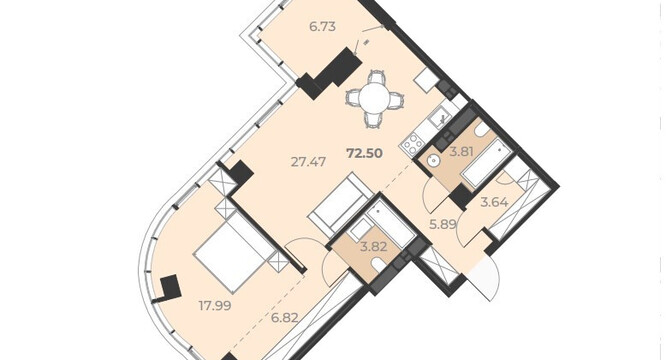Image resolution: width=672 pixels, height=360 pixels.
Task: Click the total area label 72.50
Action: point(364,153)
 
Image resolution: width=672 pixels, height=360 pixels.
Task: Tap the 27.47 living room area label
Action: point(308,162)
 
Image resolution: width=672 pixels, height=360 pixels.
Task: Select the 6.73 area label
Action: point(322,27)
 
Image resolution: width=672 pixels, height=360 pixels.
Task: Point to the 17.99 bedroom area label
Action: point(215,306)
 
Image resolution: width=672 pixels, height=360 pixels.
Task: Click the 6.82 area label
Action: point(285,318)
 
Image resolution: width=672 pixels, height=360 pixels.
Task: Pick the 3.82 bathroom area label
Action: point(374,246)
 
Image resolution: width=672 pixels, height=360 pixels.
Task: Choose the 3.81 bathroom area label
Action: point(461,151)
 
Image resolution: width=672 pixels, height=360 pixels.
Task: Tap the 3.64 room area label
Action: point(494,202)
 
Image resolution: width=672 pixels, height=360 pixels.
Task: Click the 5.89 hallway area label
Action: point(443,224)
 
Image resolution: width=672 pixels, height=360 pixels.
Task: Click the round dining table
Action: point(375,99)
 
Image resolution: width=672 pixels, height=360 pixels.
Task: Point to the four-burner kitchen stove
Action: point(412,144)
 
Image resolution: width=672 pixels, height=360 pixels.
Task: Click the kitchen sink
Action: point(438,117)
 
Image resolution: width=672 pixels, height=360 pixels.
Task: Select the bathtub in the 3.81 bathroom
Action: point(486,163)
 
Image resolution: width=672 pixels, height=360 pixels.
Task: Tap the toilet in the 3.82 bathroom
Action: point(379,264)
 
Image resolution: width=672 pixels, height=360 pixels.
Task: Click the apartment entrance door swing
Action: point(485,278)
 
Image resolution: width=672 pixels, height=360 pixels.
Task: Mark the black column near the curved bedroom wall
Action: point(170,287)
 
